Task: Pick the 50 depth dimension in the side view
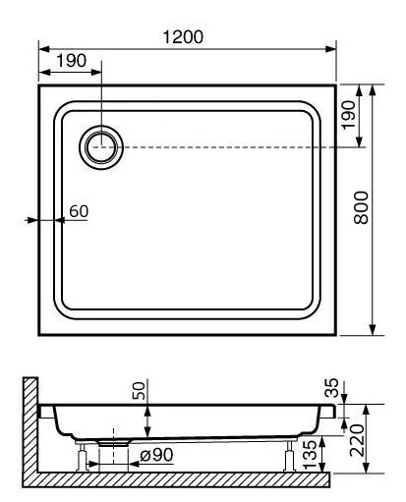point(139,393)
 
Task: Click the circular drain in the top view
point(100,147)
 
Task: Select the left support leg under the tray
point(83,455)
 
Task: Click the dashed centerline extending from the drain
point(236,147)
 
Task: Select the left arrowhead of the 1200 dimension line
point(42,48)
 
